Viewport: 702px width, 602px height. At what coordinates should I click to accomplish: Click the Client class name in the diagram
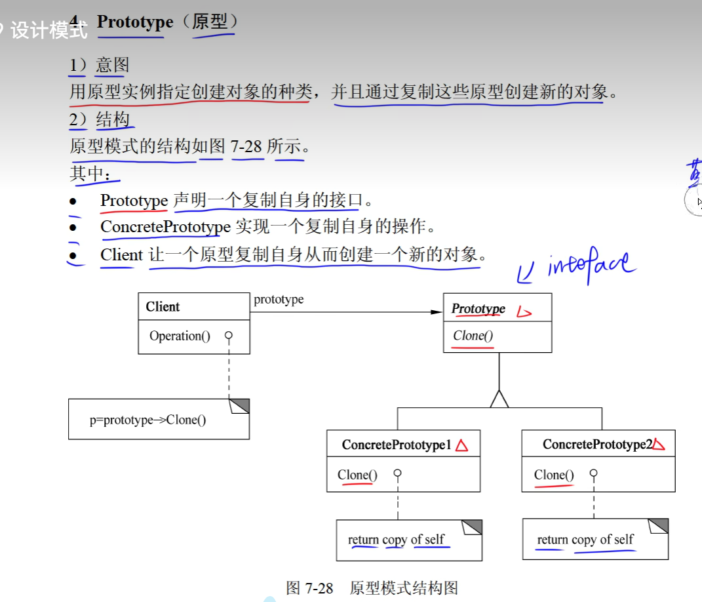[163, 307]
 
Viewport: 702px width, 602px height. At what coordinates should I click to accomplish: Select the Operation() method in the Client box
[180, 336]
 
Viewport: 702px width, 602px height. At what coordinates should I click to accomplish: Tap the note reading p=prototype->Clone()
[147, 420]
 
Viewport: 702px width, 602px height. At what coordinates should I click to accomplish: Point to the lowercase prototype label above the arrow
[279, 300]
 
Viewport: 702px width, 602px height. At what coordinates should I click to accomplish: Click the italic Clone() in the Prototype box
[473, 336]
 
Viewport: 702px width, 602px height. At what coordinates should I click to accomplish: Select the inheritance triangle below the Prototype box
[499, 399]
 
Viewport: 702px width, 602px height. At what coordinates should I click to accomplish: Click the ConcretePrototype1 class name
[397, 445]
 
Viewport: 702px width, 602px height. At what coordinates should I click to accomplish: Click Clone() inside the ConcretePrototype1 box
[357, 475]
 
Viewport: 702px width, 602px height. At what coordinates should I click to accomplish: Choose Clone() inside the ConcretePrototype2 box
[553, 475]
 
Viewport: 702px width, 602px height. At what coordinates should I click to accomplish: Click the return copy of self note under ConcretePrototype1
[396, 540]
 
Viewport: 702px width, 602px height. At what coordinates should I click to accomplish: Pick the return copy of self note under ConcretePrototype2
[585, 540]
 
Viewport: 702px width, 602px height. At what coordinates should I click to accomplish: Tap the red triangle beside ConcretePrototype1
[462, 445]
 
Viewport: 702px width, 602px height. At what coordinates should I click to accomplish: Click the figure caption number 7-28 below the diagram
[319, 588]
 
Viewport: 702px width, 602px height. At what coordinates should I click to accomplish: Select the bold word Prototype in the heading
[135, 22]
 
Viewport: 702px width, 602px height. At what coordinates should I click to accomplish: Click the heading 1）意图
[100, 65]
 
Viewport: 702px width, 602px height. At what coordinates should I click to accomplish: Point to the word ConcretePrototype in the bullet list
[165, 227]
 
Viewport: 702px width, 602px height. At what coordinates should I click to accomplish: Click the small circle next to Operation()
[228, 336]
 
